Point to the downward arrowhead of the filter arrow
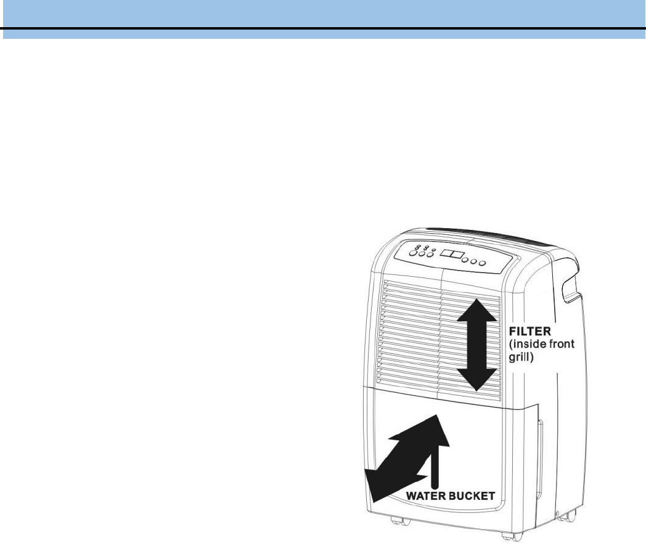pyautogui.click(x=476, y=379)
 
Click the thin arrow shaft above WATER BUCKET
pyautogui.click(x=435, y=469)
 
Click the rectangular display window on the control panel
pyautogui.click(x=453, y=255)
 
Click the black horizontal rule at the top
pyautogui.click(x=323, y=28)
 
